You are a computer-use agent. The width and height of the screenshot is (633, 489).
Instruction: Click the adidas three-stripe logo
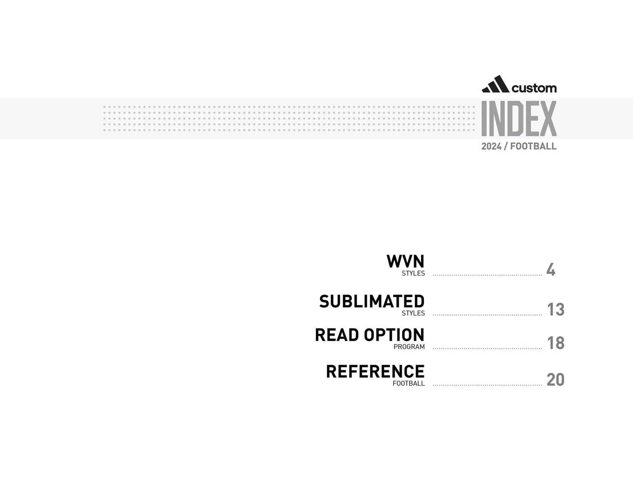[496, 84]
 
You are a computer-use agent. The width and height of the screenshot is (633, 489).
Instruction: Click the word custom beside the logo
[534, 88]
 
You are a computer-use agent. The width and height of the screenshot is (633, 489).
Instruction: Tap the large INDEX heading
[519, 119]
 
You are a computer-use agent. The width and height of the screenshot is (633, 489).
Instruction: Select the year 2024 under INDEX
[491, 146]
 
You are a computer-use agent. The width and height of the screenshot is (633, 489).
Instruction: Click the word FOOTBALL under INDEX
[533, 146]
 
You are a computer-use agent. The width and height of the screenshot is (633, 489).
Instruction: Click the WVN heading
[405, 262]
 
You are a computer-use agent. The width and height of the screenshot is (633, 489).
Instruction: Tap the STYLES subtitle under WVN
[413, 273]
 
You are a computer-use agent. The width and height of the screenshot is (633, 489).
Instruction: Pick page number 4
[551, 270]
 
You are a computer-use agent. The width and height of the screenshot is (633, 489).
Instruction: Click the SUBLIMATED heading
[372, 302]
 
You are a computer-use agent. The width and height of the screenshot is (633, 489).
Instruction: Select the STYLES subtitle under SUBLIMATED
[413, 313]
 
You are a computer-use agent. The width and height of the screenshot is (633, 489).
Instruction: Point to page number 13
[556, 309]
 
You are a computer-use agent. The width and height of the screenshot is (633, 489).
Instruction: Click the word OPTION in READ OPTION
[394, 335]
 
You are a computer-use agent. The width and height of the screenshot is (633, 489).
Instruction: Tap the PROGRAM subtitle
[409, 347]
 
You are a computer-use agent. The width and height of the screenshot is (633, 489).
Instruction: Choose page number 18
[556, 343]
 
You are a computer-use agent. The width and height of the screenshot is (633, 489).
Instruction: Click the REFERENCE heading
[375, 372]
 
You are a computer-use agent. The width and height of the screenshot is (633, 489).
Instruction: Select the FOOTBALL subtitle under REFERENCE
[408, 384]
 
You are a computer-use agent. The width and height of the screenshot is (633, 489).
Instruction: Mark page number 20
[556, 380]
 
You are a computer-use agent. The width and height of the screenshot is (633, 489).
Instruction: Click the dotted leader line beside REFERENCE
[487, 385]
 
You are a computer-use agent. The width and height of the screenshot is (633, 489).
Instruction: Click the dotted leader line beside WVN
[487, 275]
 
